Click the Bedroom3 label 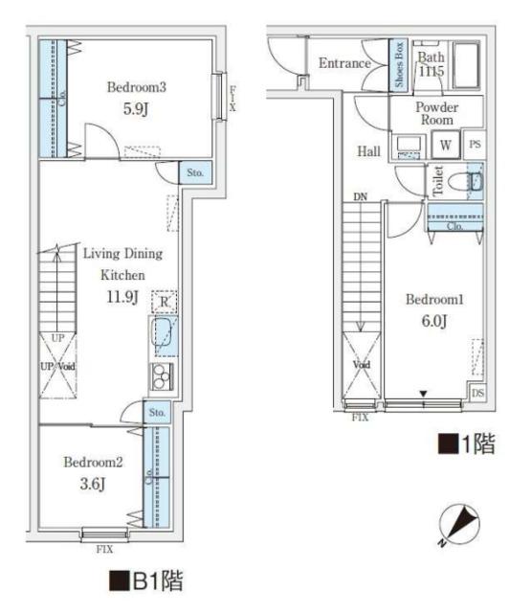(137, 87)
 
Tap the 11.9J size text (122, 297)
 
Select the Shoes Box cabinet (398, 65)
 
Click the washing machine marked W (445, 145)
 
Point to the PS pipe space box (475, 145)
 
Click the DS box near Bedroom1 (477, 392)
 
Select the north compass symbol (458, 525)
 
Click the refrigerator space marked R (165, 302)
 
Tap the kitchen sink (162, 332)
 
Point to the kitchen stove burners (162, 377)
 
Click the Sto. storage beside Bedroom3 (195, 172)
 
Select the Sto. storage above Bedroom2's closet (157, 412)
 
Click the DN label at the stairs (360, 197)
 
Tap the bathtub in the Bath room (466, 65)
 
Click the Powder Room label (436, 113)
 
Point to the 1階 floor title (467, 444)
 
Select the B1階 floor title (146, 581)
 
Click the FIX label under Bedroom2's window (104, 550)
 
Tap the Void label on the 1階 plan (362, 365)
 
